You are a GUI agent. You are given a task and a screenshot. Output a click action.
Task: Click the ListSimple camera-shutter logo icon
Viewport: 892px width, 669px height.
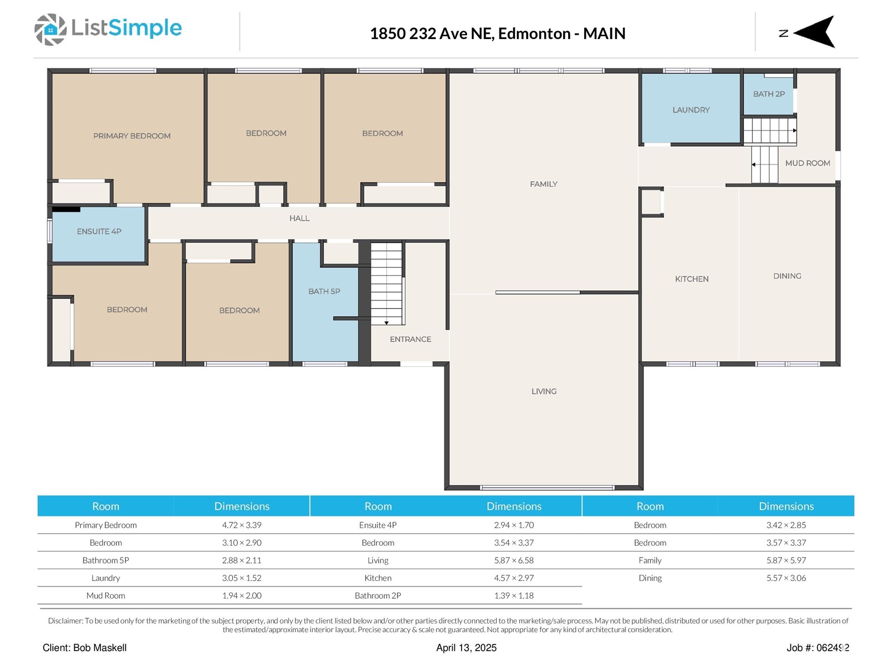pyautogui.click(x=50, y=30)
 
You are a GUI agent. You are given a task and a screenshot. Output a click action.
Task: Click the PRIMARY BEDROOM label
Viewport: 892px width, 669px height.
pyautogui.click(x=132, y=136)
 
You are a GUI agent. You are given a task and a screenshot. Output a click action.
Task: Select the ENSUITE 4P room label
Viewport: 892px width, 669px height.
pyautogui.click(x=99, y=231)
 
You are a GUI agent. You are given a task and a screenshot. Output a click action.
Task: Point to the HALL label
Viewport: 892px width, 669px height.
pyautogui.click(x=299, y=219)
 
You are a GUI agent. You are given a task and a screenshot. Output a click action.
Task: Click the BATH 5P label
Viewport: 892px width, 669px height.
pyautogui.click(x=324, y=292)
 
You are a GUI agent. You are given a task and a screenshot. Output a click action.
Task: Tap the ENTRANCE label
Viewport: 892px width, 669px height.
pyautogui.click(x=410, y=339)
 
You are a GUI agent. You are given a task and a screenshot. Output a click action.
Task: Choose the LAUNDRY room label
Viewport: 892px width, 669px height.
pyautogui.click(x=691, y=110)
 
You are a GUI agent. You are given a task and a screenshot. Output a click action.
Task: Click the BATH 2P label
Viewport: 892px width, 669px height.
pyautogui.click(x=769, y=94)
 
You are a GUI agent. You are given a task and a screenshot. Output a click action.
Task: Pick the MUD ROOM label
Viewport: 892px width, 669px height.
pyautogui.click(x=807, y=163)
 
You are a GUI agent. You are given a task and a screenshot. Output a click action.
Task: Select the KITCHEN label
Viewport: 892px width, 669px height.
pyautogui.click(x=692, y=279)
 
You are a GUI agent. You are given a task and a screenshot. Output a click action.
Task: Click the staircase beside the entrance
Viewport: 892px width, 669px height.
pyautogui.click(x=386, y=284)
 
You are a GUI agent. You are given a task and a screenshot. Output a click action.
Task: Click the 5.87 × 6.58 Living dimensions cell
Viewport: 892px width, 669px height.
pyautogui.click(x=513, y=560)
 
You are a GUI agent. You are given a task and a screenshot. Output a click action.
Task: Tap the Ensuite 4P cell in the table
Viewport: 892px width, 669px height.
pyautogui.click(x=378, y=525)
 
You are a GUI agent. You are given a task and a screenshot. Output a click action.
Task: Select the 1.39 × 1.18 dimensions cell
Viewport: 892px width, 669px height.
pyautogui.click(x=513, y=596)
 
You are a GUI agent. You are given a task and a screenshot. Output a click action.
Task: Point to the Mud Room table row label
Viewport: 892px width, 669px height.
pyautogui.click(x=106, y=596)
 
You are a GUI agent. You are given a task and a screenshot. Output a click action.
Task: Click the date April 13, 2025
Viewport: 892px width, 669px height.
pyautogui.click(x=466, y=648)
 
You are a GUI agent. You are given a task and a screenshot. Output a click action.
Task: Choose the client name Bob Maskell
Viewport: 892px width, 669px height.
pyautogui.click(x=100, y=648)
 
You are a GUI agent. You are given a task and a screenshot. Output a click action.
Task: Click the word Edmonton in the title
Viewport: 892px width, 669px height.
pyautogui.click(x=534, y=33)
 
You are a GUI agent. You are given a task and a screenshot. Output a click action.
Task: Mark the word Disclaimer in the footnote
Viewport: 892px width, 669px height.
pyautogui.click(x=65, y=621)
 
